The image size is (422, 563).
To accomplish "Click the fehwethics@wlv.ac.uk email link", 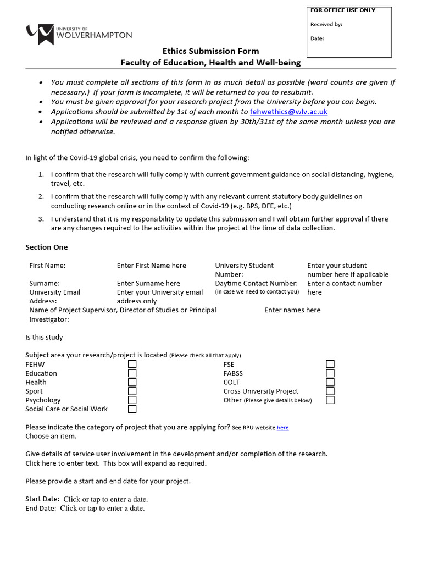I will pos(288,112).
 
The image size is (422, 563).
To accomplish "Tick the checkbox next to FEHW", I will pos(132,365).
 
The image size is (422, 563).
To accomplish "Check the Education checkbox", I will pos(132,373).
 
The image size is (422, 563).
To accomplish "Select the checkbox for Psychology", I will pos(132,400).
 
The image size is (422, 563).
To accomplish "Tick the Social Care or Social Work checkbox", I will pos(132,409).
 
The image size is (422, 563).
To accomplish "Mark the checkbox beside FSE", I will pos(330,365).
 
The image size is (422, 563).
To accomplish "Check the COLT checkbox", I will pos(330,382).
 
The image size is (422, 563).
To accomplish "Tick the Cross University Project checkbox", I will pos(330,391).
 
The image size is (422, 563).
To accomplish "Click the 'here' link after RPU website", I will pos(282,428).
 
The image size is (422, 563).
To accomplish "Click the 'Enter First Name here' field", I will pos(151,266).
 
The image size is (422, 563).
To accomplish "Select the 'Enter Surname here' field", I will pos(148,283).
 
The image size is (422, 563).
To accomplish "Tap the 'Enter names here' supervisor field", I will pos(292,310).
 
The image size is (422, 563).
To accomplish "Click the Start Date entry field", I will pos(105,499).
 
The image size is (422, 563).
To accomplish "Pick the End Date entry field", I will pos(102,509).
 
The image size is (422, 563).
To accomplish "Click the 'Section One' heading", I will pos(47,247).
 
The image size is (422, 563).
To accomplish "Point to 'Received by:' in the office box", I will pos(326,25).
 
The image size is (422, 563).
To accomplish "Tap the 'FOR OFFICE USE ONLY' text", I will pos(343,10).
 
